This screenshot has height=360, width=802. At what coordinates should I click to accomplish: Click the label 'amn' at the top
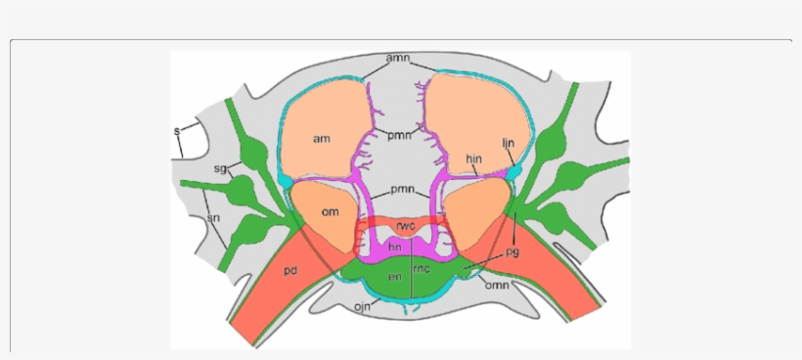click(397, 59)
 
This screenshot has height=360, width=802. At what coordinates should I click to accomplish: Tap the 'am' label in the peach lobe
click(321, 139)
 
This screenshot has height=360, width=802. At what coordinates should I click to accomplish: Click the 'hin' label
click(475, 158)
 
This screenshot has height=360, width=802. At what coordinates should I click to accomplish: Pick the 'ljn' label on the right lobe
click(509, 143)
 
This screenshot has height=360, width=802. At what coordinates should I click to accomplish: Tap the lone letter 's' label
click(177, 130)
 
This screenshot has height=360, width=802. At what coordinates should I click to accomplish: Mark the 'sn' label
click(211, 218)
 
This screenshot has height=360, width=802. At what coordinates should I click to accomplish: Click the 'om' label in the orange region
click(331, 212)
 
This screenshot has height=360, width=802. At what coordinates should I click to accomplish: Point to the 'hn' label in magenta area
click(395, 248)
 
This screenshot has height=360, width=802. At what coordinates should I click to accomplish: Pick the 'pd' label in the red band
click(290, 267)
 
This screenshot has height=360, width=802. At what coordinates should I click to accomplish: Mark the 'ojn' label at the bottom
click(361, 308)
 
